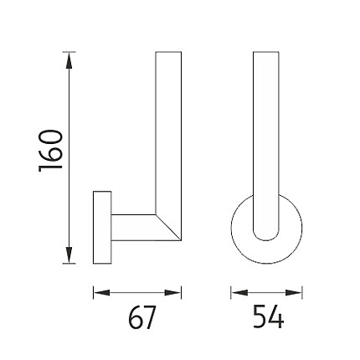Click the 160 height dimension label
(50, 151)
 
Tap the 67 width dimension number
(141, 317)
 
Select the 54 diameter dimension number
(268, 316)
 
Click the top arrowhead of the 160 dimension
(69, 60)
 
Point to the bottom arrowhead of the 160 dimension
(69, 255)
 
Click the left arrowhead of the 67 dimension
(101, 293)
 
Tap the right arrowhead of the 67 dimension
(172, 293)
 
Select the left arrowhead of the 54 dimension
(239, 293)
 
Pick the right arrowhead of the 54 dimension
(294, 293)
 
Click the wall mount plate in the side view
(102, 227)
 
